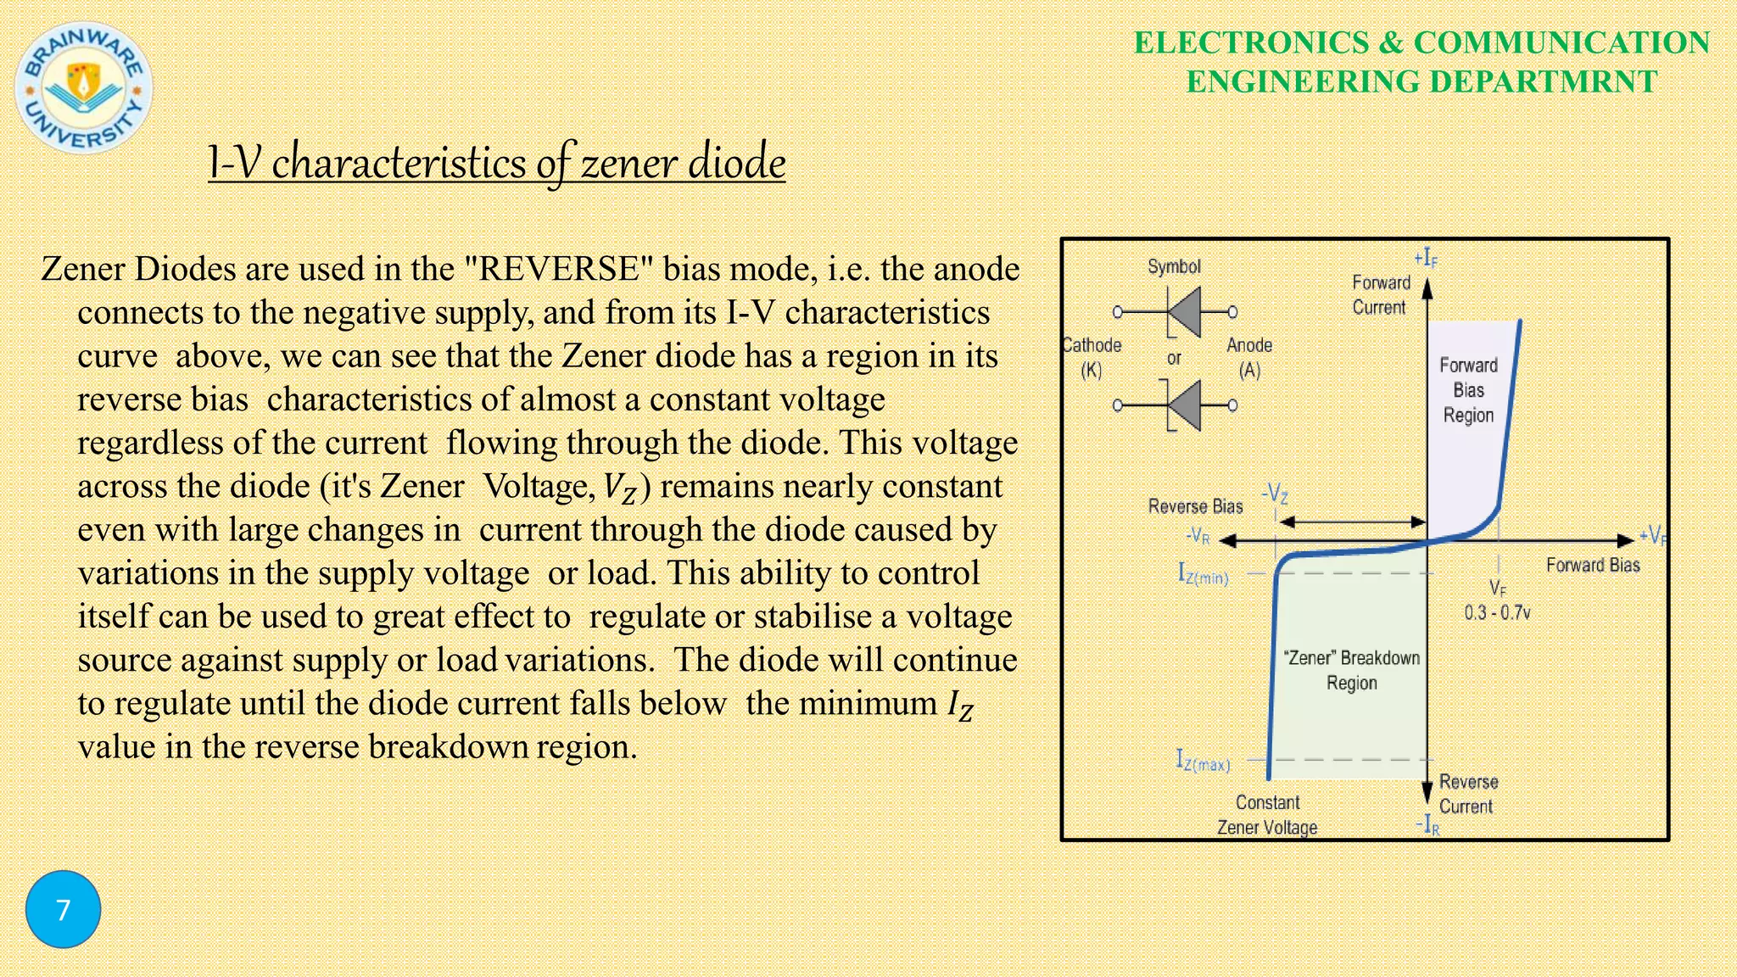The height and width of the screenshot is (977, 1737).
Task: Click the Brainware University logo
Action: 84,87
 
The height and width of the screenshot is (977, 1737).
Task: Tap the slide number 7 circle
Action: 63,909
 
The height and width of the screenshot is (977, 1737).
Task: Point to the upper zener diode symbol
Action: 1177,312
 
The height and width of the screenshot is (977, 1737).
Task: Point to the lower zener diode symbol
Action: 1177,405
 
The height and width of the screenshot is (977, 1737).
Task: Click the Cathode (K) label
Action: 1092,357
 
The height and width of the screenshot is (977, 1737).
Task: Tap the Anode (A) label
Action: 1249,357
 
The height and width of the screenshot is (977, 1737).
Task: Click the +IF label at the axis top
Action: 1426,258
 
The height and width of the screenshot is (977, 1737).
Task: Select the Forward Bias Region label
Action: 1468,390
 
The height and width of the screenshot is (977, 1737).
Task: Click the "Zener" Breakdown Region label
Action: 1352,670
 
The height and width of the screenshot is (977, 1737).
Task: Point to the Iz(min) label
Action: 1203,574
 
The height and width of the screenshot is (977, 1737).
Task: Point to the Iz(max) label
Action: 1203,761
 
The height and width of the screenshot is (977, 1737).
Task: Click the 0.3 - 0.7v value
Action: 1497,612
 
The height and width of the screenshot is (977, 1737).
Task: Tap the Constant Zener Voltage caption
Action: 1267,814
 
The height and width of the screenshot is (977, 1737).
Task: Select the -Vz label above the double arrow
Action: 1275,493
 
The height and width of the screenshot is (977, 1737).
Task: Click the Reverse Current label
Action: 1468,794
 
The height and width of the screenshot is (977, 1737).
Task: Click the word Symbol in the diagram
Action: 1174,266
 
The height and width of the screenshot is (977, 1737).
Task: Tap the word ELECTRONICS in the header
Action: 1251,42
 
